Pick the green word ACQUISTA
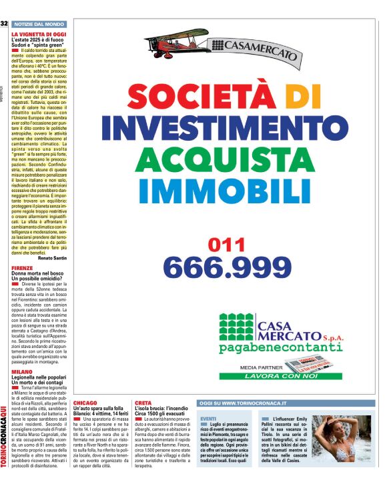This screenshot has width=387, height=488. pyautogui.click(x=225, y=160)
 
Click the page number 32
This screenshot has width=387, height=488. pyautogui.click(x=4, y=24)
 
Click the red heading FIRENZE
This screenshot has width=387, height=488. pyautogui.click(x=22, y=267)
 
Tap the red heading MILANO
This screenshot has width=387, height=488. pyautogui.click(x=21, y=371)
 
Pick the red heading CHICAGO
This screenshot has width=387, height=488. pyautogui.click(x=85, y=403)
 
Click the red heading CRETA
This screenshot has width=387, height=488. pyautogui.click(x=143, y=403)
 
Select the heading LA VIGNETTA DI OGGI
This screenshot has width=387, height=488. pyautogui.click(x=39, y=33)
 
